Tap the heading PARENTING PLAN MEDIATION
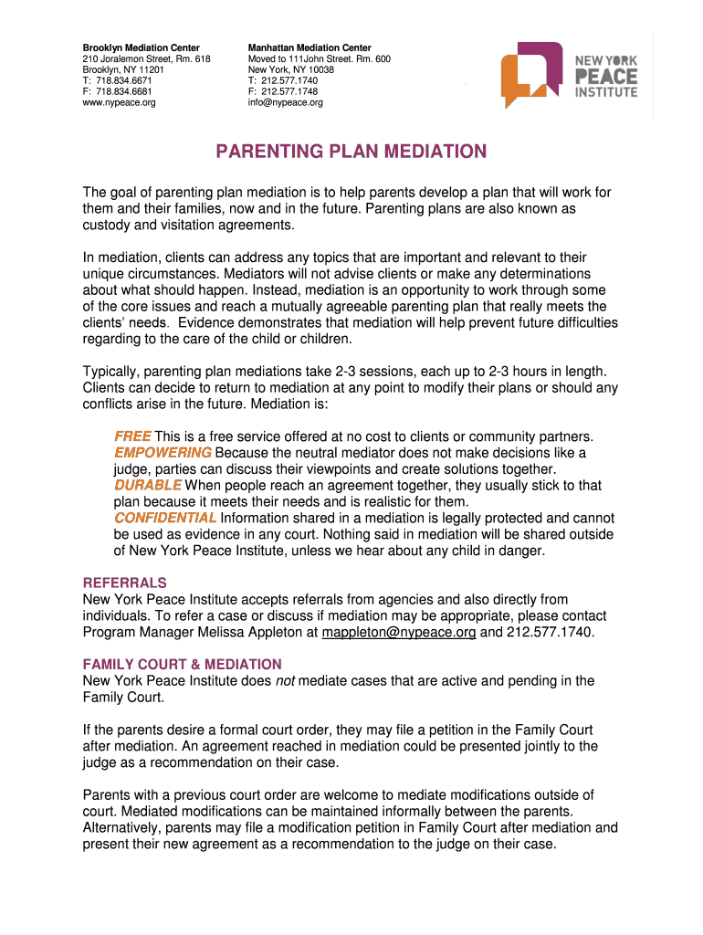[x=351, y=152]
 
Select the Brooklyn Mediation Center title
[x=141, y=47]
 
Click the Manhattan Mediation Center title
[x=310, y=47]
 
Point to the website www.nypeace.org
[x=119, y=102]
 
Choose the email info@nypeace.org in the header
[x=286, y=102]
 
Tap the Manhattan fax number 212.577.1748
[x=289, y=91]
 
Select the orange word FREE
[x=132, y=436]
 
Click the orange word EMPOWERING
[x=163, y=453]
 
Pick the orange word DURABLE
[x=147, y=486]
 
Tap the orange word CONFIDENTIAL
[x=164, y=519]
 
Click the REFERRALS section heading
[x=125, y=583]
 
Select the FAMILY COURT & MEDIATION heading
[x=182, y=664]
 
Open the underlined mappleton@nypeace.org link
[x=399, y=632]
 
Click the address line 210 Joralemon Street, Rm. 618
[x=146, y=58]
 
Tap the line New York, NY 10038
[x=291, y=69]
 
